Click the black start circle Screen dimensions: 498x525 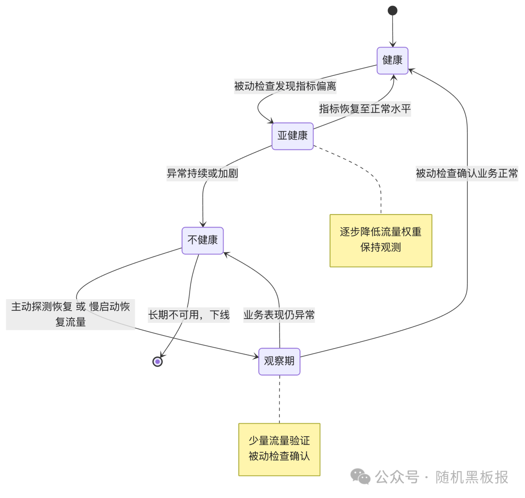392,11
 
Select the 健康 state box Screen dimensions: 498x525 392,60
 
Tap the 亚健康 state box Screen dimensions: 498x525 292,136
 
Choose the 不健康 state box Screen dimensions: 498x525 203,240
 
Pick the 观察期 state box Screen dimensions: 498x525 279,361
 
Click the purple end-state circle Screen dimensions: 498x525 157,361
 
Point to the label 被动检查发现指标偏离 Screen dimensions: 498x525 285,87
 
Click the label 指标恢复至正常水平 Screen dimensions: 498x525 365,109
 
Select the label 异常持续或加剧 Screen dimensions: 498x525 203,173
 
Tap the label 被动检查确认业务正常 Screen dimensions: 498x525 467,173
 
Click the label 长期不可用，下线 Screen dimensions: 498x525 189,315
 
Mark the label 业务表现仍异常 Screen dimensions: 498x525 279,315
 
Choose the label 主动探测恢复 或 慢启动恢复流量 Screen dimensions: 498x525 70,314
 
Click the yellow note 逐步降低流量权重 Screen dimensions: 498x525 381,232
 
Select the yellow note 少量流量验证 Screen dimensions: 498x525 279,441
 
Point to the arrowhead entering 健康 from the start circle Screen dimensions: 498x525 392,45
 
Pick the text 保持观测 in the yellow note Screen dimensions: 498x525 381,248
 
